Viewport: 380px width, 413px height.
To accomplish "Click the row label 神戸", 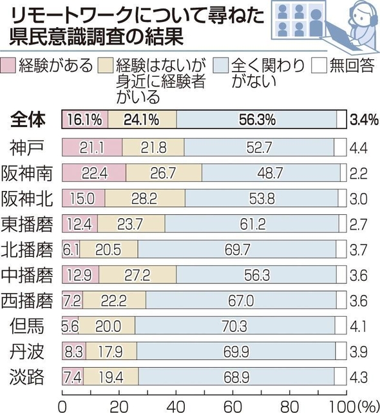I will (30, 146).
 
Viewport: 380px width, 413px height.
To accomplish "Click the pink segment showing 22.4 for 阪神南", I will (94, 172).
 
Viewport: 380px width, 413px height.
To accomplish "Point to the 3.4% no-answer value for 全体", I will (363, 120).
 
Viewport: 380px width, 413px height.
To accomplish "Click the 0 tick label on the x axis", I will (62, 404).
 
